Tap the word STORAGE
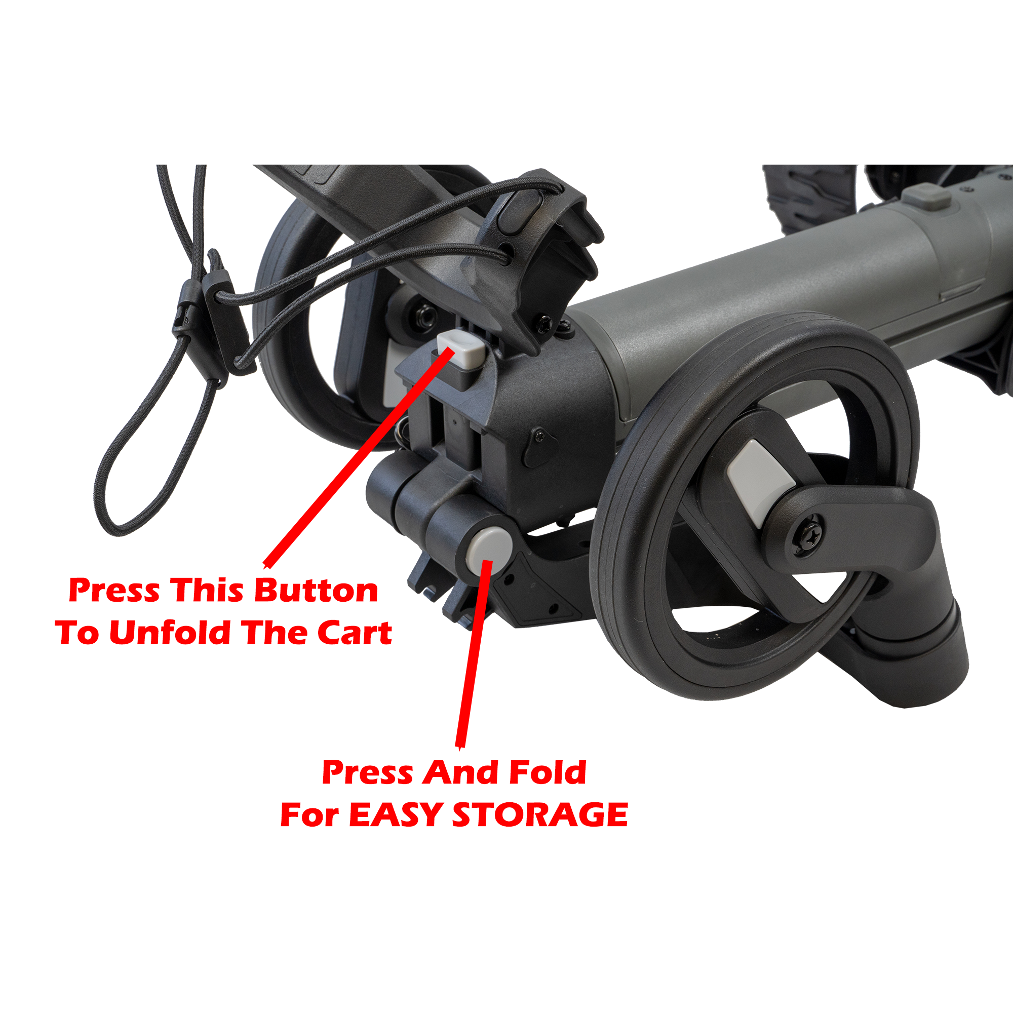pyautogui.click(x=539, y=815)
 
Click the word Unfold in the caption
pyautogui.click(x=170, y=633)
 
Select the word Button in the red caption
pyautogui.click(x=316, y=591)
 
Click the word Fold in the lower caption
pyautogui.click(x=548, y=772)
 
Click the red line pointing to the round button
pyautogui.click(x=475, y=655)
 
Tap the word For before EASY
pyautogui.click(x=309, y=815)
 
